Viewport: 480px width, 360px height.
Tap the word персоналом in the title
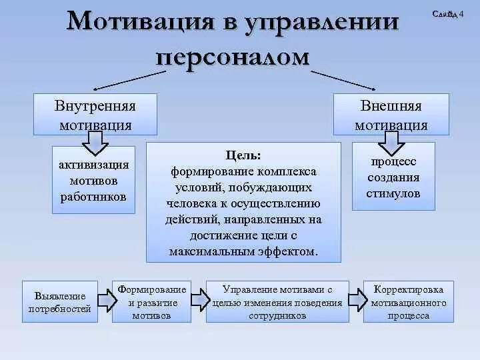pos(233,57)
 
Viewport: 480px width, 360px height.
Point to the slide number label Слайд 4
pos(449,13)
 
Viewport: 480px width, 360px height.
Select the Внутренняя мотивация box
pos(95,115)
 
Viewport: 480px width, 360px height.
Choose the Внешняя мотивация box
pos(391,115)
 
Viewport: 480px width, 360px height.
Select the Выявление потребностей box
pos(60,302)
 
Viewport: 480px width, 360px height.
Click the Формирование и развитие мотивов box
pos(151,302)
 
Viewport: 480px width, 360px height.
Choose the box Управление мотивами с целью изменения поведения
pos(277,302)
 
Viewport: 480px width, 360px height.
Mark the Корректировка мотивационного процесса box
pos(409,302)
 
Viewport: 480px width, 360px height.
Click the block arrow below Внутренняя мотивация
pos(95,141)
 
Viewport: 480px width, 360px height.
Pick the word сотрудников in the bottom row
pos(277,316)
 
